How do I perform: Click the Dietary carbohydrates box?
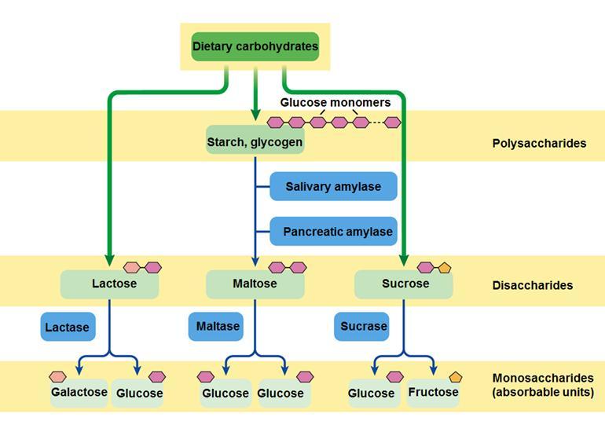tap(255, 46)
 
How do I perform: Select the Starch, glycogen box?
tap(255, 142)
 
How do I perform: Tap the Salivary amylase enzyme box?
tap(333, 187)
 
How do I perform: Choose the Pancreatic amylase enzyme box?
tap(333, 232)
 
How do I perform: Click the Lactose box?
tap(110, 284)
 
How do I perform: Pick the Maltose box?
tap(255, 284)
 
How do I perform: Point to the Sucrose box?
tap(403, 284)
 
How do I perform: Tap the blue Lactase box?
tap(68, 327)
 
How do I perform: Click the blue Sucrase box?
tap(362, 326)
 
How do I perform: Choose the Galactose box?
tap(79, 393)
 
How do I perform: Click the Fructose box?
tap(434, 392)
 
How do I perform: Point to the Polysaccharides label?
tap(539, 144)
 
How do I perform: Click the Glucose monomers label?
tap(335, 103)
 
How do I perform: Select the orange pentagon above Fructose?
tap(456, 377)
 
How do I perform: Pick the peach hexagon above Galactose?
tap(57, 377)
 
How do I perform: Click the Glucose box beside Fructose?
tap(372, 394)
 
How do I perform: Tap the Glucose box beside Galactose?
tap(138, 394)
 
